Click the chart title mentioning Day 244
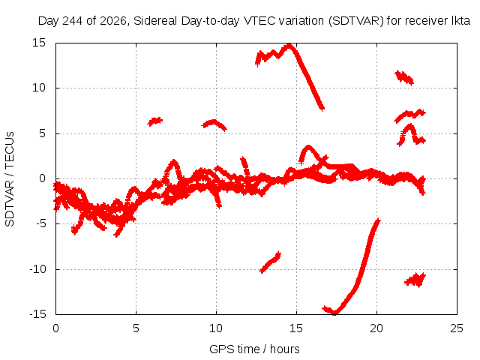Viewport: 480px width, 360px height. (254, 21)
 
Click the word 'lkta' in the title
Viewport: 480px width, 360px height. (461, 21)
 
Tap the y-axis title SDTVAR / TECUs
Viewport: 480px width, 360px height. (10, 179)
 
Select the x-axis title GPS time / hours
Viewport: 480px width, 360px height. (254, 349)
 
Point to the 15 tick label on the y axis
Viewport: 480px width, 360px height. (39, 43)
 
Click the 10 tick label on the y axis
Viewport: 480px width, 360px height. (39, 88)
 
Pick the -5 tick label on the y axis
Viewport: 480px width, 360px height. (40, 223)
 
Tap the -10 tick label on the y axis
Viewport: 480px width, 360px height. (37, 269)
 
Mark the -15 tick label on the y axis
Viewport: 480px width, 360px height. (37, 314)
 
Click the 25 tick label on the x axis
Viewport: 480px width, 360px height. (457, 328)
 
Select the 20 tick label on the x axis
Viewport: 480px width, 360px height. (376, 328)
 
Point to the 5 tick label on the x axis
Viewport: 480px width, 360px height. (136, 328)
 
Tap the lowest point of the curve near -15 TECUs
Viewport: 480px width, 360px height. (334, 312)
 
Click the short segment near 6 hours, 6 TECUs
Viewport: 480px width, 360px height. (155, 121)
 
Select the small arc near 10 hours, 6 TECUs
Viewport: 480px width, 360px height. (213, 122)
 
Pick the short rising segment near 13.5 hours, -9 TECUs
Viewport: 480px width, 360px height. (270, 262)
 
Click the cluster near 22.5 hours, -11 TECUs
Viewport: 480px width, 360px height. (415, 280)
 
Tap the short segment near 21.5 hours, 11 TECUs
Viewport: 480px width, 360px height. (404, 77)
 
